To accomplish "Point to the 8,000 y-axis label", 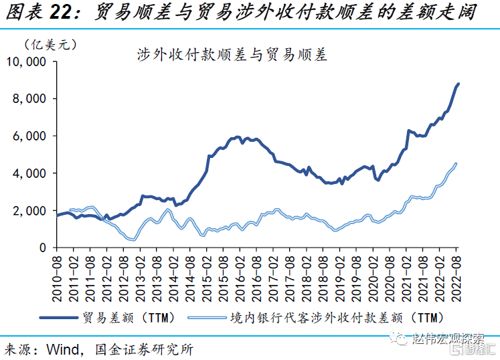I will click(31, 99).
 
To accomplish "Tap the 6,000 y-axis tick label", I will click(31, 136).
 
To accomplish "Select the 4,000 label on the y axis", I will click(31, 173).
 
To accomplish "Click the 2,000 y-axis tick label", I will click(31, 211).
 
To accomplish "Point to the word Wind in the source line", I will click(64, 349).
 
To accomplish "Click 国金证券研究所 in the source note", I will click(145, 349).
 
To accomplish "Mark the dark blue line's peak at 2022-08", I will click(459, 84).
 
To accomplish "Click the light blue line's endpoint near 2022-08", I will click(456, 163).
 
